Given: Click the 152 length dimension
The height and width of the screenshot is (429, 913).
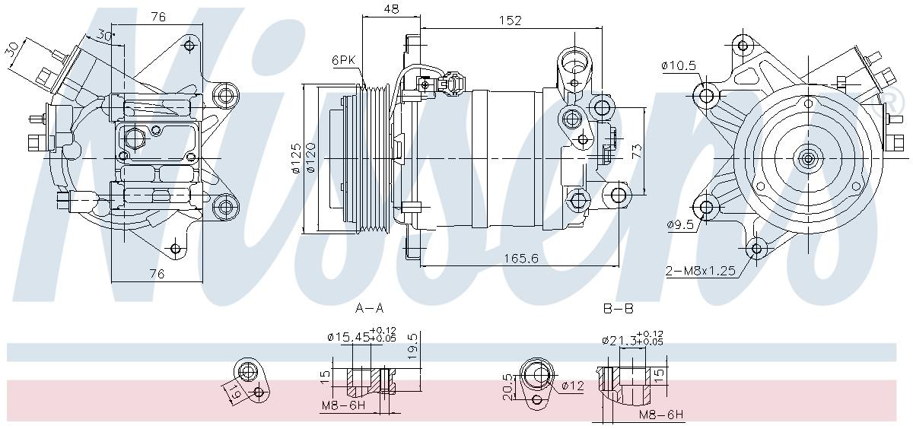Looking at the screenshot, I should pos(511,21).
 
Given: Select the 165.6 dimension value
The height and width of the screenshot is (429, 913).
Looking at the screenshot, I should pos(521,259).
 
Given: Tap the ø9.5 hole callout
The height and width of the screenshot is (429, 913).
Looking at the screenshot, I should pos(679,224).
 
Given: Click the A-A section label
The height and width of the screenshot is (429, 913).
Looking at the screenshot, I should pos(369,308).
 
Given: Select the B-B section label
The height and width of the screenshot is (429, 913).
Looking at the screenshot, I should pos(618,308).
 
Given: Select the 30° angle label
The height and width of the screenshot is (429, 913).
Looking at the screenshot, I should pos(105,35).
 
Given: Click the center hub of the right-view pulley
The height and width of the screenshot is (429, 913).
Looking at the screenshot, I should pos(807,158).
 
